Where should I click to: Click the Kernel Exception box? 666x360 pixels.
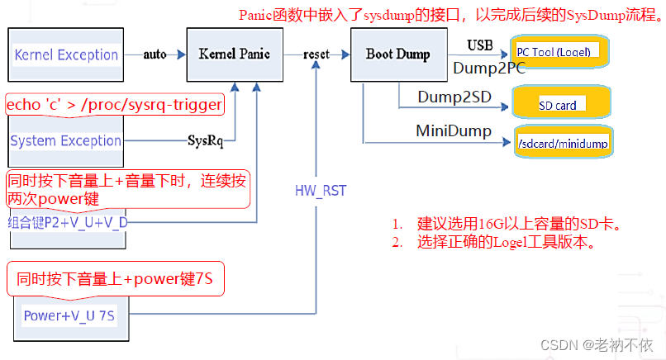click(66, 55)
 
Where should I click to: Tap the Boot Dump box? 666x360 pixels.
click(397, 55)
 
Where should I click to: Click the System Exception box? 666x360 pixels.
click(66, 141)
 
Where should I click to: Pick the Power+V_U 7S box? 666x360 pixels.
click(70, 315)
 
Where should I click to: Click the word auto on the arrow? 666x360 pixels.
click(155, 54)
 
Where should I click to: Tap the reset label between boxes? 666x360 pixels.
click(316, 54)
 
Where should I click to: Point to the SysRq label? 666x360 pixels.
click(206, 141)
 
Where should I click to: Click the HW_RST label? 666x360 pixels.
click(321, 191)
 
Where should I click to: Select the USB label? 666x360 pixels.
click(479, 44)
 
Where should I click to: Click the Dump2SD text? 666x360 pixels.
click(454, 97)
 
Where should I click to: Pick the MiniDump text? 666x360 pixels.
click(454, 131)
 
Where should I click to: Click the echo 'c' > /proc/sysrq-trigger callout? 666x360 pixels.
click(114, 104)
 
